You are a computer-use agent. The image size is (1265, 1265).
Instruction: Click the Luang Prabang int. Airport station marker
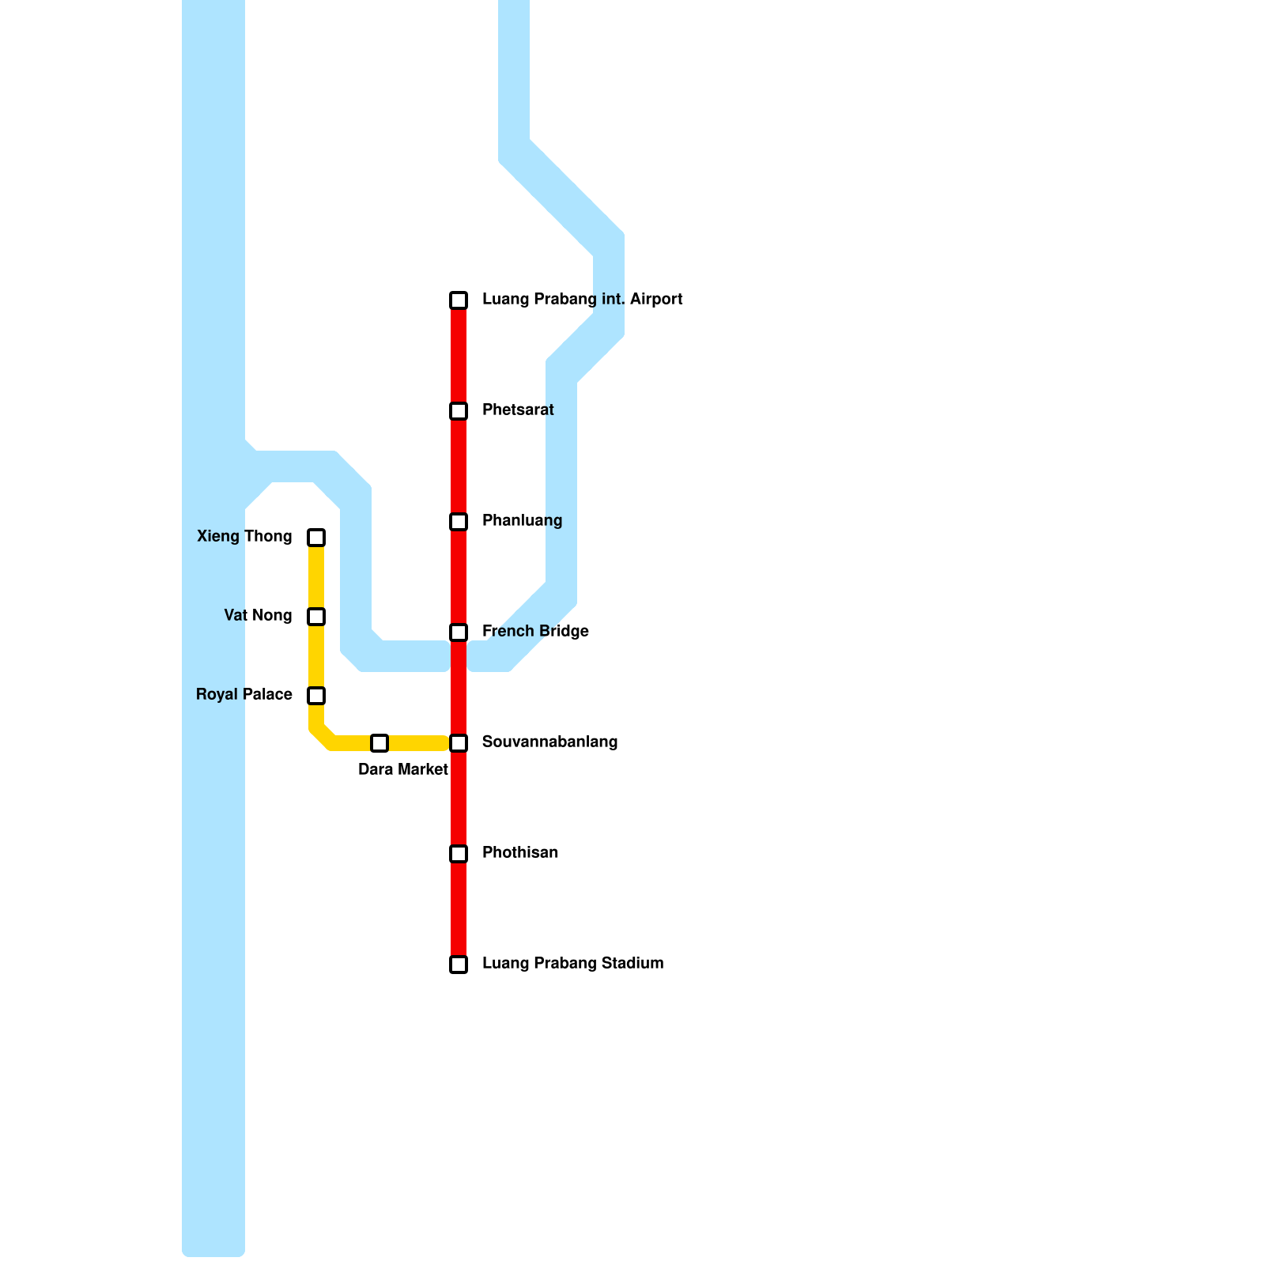tap(459, 300)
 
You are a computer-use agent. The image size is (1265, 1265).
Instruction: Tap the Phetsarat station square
tap(459, 411)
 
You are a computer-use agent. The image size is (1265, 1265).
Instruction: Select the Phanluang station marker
tap(459, 522)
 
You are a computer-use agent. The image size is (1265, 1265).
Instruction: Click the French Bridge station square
tap(459, 632)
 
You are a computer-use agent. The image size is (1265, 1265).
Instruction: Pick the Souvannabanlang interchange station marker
tap(459, 743)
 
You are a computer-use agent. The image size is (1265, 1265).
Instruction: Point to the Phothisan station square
tap(459, 854)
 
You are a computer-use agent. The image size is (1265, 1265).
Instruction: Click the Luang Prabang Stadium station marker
tap(459, 965)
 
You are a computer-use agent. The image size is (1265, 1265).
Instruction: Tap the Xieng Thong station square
tap(316, 538)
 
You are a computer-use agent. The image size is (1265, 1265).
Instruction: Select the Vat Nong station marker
tap(316, 617)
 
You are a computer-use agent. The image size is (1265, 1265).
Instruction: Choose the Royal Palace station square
tap(316, 696)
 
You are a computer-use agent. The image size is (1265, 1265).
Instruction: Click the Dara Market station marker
tap(379, 743)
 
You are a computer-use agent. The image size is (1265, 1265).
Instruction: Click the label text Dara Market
tap(403, 770)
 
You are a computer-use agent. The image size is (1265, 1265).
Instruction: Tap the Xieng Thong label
tap(244, 537)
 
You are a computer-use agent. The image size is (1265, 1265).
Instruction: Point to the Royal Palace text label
tap(244, 695)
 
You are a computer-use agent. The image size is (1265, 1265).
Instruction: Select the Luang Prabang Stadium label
tap(572, 964)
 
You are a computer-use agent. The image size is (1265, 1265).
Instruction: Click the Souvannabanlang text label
tap(549, 742)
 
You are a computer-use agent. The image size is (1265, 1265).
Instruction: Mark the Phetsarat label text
tap(518, 410)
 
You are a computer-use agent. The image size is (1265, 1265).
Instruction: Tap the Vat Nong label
tap(258, 616)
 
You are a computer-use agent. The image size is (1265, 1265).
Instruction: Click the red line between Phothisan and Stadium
tap(459, 909)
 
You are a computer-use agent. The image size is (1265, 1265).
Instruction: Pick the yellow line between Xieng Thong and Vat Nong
tap(316, 577)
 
